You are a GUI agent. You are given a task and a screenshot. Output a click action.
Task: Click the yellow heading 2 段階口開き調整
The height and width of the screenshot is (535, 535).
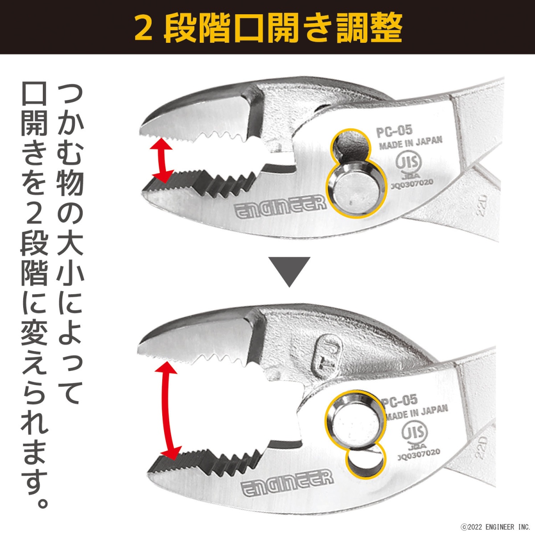click(x=268, y=28)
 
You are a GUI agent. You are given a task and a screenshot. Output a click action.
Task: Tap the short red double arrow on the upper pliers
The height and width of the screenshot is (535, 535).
click(x=161, y=160)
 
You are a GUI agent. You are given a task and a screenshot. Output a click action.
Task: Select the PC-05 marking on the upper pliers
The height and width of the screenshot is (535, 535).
click(x=394, y=132)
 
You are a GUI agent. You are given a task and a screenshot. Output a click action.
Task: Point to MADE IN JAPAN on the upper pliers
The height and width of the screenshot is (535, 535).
click(x=411, y=143)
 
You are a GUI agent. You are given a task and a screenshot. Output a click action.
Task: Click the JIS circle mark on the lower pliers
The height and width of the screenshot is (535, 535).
click(x=414, y=432)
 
